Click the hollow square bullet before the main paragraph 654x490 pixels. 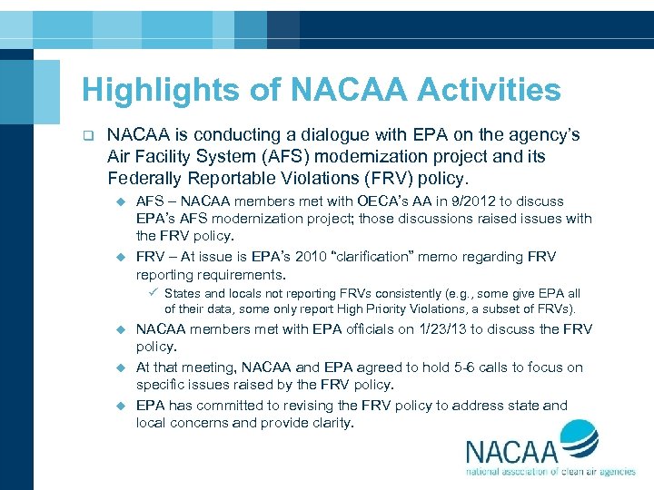click(88, 136)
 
